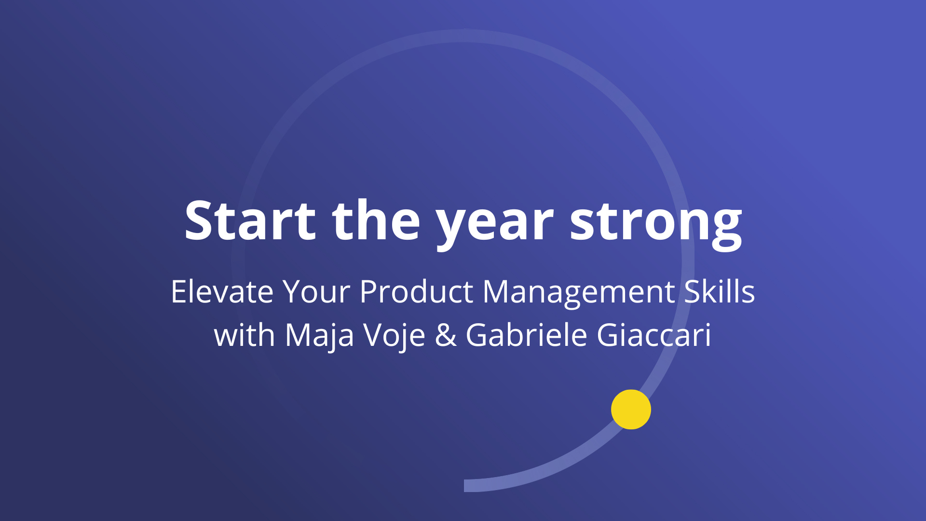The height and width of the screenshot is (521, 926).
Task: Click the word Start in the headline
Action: point(250,220)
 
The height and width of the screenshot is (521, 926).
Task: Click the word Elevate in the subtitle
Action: point(222,291)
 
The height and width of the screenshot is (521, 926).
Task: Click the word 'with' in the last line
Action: point(245,334)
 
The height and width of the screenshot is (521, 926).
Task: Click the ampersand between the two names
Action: point(446,335)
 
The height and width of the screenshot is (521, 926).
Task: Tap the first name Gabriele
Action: point(526,334)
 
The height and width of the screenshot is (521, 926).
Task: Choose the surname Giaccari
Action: point(654,334)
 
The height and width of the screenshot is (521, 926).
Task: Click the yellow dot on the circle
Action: point(631,410)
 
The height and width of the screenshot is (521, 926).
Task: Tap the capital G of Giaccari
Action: point(609,335)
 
